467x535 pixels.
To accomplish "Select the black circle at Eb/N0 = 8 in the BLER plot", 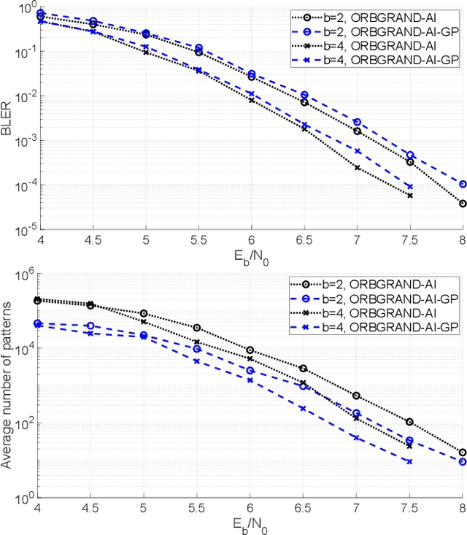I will point(463,204).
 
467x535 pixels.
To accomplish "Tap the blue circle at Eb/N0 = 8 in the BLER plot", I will point(463,184).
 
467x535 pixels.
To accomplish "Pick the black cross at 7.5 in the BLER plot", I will point(409,196).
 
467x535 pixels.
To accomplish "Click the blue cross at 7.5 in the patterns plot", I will point(409,461).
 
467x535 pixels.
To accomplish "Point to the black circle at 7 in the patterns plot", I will point(357,396).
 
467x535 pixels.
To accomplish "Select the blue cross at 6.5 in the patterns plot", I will point(304,408).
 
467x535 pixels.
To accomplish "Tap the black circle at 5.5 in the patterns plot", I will point(198,328).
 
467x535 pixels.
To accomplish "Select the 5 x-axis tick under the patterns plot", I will point(145,509).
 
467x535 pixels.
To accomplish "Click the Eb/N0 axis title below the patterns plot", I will point(250,525).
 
